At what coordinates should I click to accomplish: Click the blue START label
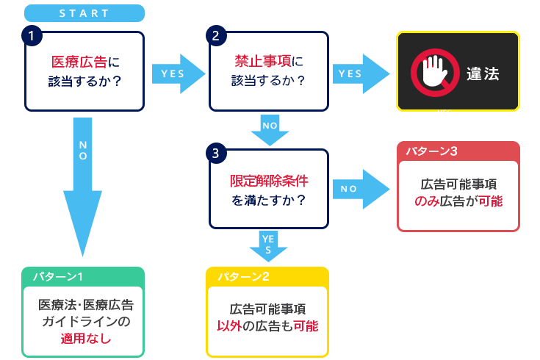click(x=84, y=13)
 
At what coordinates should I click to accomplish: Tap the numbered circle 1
click(x=32, y=35)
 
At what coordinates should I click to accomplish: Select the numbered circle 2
click(x=216, y=35)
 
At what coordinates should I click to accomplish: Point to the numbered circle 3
click(x=216, y=154)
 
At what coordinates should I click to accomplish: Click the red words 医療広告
click(x=79, y=62)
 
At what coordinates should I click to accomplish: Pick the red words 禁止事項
click(x=263, y=61)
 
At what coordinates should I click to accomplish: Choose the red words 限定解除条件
click(x=269, y=181)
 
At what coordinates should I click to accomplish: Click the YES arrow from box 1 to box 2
click(x=179, y=73)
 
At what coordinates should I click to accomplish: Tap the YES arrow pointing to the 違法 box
click(x=361, y=73)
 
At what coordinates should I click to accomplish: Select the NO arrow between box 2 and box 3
click(x=270, y=130)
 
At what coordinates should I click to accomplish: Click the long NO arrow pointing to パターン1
click(x=82, y=187)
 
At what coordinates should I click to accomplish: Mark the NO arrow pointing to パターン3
click(x=361, y=189)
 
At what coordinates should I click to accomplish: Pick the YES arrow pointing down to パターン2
click(x=268, y=246)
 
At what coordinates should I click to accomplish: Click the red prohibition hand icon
click(x=435, y=73)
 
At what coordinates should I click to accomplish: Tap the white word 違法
click(x=483, y=73)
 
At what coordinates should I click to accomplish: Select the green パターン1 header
click(x=82, y=277)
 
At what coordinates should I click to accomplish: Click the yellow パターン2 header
click(x=267, y=277)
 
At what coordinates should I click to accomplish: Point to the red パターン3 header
click(x=458, y=151)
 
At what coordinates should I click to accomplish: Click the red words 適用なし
click(x=86, y=338)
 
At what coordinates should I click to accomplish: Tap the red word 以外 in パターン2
click(x=229, y=325)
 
